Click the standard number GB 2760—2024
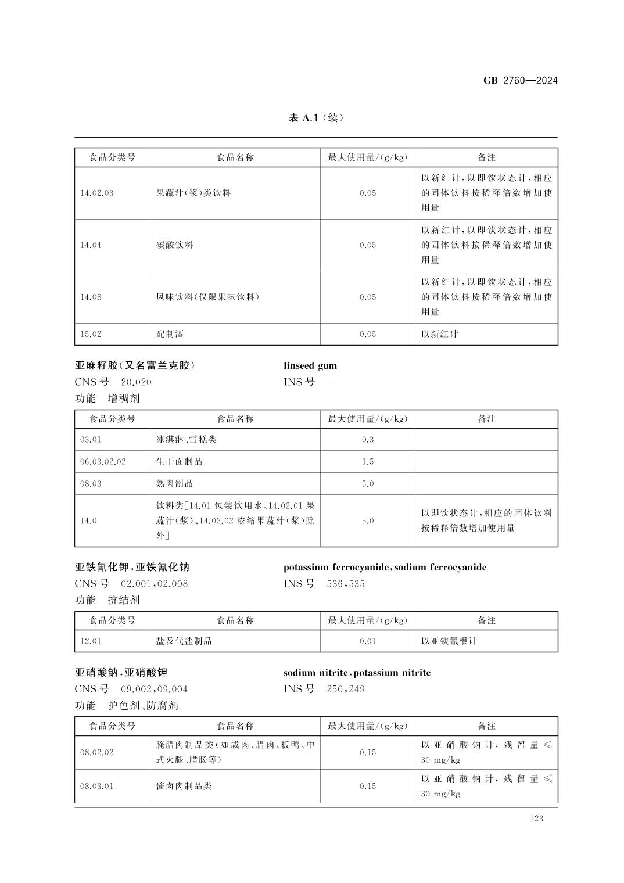tap(520, 81)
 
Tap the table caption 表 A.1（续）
tap(316, 118)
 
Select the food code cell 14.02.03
tap(97, 193)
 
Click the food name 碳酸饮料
tap(174, 245)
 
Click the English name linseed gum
tap(310, 366)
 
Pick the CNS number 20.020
tap(136, 382)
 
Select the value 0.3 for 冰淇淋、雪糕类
tap(367, 440)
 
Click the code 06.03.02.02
tap(103, 462)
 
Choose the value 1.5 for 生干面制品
tap(367, 462)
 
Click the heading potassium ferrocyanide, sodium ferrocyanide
tap(385, 568)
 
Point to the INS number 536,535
tap(346, 584)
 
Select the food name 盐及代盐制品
tap(184, 641)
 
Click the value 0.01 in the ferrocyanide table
tap(367, 641)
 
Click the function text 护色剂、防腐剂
tap(143, 706)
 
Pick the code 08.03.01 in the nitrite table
tap(96, 787)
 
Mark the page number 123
tap(536, 819)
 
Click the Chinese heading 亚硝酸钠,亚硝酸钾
tap(121, 673)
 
